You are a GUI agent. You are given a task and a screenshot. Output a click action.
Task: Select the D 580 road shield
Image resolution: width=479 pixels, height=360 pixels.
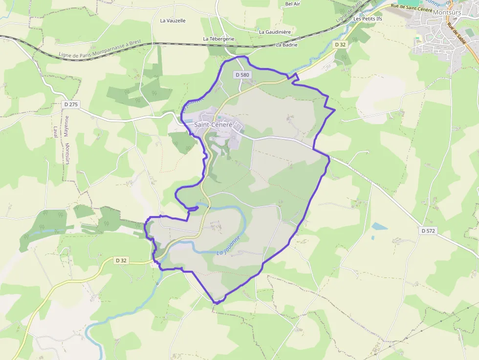point(242,75)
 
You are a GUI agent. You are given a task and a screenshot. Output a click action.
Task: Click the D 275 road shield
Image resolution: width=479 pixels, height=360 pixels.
point(71,104)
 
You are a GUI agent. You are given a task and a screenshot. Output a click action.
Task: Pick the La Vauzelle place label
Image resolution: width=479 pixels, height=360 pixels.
point(173,21)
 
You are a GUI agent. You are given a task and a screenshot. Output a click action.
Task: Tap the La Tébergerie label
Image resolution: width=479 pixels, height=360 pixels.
point(219,39)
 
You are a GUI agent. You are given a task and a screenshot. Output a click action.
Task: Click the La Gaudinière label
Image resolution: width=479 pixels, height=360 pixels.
point(275,32)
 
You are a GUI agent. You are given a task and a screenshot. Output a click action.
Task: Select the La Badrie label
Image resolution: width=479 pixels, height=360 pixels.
point(286,44)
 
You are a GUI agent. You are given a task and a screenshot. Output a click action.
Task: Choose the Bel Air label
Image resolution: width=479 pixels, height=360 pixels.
point(292,3)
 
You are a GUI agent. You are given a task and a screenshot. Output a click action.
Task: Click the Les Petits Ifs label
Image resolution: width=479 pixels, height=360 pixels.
point(368,19)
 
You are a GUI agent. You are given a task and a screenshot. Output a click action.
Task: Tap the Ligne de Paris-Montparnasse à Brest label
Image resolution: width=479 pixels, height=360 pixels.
point(100,49)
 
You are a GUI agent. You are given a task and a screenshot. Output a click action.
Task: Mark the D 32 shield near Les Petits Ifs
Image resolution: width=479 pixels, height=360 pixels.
point(341,44)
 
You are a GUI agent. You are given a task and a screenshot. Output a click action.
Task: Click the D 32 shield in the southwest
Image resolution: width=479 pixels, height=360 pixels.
point(121,260)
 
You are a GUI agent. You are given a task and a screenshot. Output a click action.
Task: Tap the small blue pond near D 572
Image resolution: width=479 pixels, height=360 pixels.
point(379,226)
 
